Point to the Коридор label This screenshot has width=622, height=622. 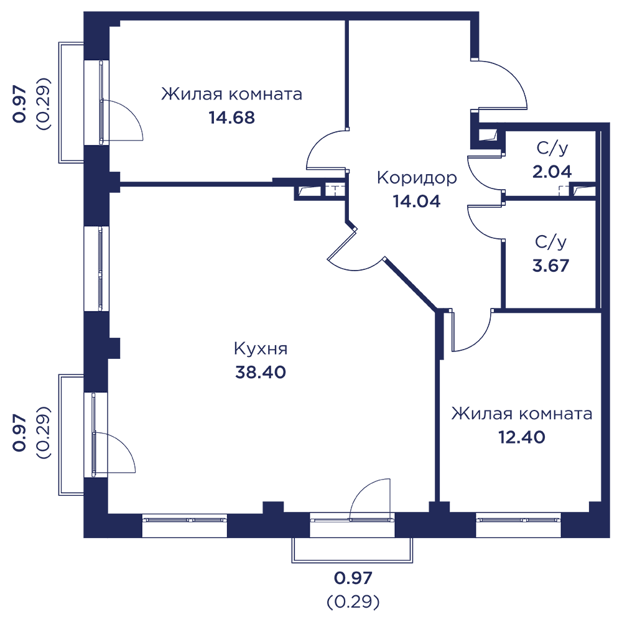point(417,178)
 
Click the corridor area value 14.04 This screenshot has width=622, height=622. point(417,201)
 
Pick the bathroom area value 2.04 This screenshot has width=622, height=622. point(552,171)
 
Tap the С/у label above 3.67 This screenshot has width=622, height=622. point(552,241)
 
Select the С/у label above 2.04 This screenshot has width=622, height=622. point(552,148)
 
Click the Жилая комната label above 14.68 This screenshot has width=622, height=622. point(232,95)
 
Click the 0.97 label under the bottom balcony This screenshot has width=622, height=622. point(353,578)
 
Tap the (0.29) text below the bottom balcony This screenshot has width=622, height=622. point(353,601)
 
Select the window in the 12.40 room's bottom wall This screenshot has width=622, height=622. point(518,524)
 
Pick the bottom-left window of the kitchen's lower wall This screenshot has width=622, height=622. point(185,525)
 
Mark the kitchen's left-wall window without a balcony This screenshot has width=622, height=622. point(96,268)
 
